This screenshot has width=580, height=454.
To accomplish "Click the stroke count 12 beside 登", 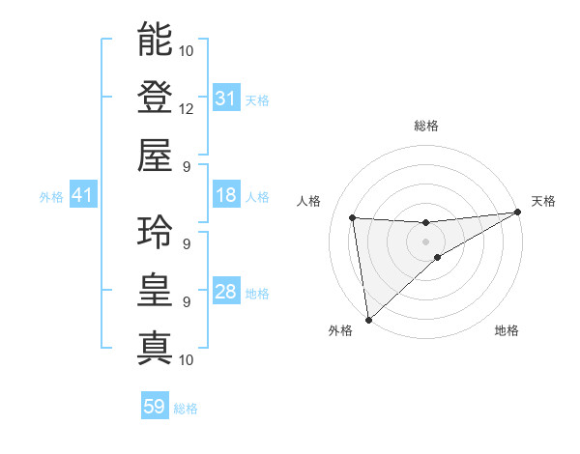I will pos(187,108).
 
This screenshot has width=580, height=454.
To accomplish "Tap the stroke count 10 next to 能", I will pos(187,50).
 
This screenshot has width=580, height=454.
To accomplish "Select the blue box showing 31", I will pos(225,99).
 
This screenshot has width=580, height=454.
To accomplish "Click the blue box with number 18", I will pos(225,195).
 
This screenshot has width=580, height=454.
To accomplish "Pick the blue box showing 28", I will pos(225,292).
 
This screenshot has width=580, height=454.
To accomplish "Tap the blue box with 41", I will pos(83,195).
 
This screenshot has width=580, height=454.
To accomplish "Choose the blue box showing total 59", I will pos(154,407).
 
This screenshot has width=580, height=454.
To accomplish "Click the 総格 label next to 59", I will pos(186,409).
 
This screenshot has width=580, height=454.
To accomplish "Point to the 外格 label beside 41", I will pos(51,197).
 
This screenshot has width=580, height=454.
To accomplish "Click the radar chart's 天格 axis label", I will pos(543,201).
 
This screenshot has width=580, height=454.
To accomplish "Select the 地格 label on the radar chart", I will pos(507,330).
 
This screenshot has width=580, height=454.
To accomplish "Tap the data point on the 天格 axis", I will pos(518,213).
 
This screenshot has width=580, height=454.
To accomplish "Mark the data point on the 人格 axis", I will pos(353,217).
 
